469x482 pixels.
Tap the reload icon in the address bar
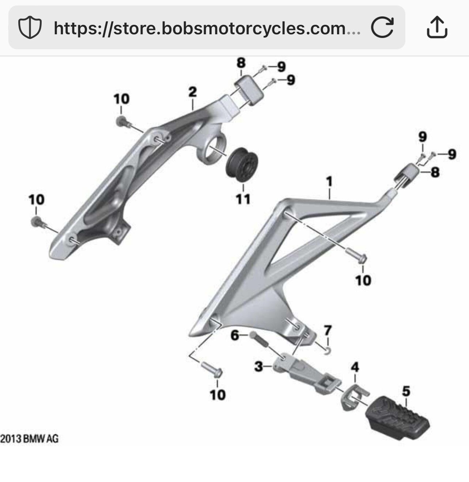coord(382,27)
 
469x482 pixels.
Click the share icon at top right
coord(437,27)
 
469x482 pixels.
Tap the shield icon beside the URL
coord(30,28)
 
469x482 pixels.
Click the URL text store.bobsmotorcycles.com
coord(207,28)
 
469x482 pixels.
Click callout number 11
coord(243,199)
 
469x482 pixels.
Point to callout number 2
coord(193,92)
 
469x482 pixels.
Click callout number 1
coord(329,181)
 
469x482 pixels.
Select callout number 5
coord(406,392)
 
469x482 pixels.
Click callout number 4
coord(355,367)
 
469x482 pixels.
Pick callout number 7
coord(328,331)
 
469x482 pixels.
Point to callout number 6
coord(235,335)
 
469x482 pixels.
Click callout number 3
coord(258,366)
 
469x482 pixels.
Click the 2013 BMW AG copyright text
coord(29,439)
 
